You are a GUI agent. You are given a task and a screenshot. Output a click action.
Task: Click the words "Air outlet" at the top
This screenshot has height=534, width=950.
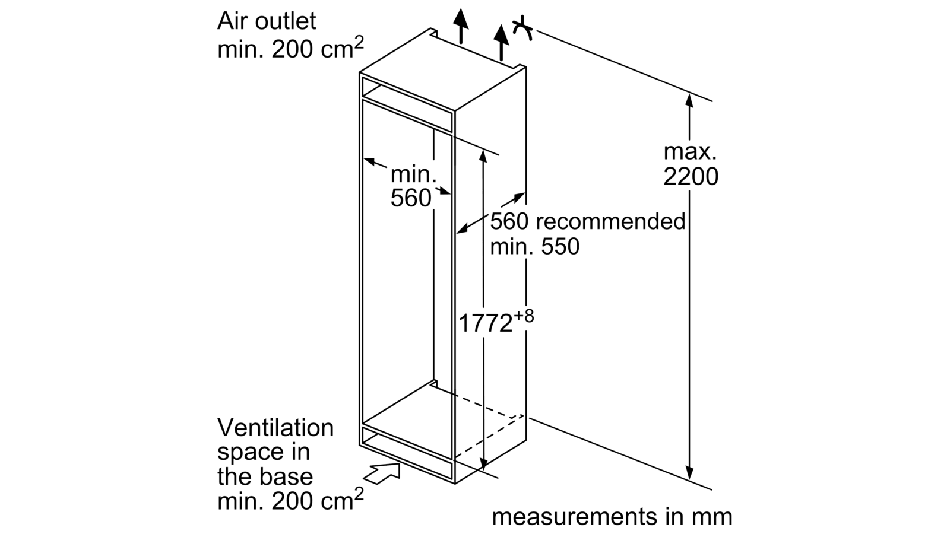click(267, 22)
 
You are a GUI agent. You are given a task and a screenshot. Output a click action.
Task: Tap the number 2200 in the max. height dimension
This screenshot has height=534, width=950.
click(691, 177)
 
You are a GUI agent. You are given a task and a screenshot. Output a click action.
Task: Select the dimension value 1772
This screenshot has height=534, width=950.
click(486, 323)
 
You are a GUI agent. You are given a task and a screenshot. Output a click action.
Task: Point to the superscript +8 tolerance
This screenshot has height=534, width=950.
click(524, 316)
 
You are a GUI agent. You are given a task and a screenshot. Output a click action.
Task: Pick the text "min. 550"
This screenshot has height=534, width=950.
click(534, 246)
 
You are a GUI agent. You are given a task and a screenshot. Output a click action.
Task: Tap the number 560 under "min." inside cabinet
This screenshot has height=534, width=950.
click(410, 198)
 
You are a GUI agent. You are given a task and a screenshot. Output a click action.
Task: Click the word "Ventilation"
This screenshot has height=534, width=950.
click(275, 428)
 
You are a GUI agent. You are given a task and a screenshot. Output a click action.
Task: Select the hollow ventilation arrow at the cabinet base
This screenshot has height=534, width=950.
click(382, 473)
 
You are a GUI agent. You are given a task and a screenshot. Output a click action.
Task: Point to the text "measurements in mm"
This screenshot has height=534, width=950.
click(612, 517)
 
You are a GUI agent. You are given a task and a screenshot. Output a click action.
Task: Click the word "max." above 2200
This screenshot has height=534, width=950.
click(690, 152)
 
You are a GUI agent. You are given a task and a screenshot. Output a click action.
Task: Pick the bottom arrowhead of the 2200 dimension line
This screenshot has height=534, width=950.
click(689, 472)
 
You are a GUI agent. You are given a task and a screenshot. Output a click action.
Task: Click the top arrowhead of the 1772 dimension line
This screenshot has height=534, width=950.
click(484, 156)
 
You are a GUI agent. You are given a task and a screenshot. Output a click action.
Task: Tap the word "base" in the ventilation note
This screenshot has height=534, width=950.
click(290, 477)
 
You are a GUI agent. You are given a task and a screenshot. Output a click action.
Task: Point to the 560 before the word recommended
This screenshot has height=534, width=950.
click(509, 221)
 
